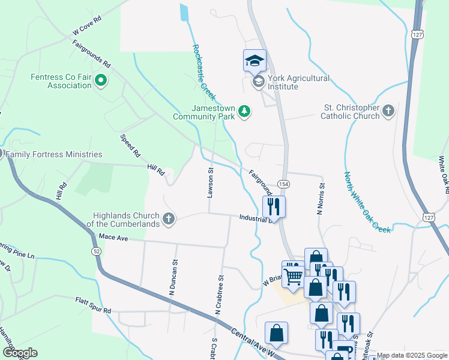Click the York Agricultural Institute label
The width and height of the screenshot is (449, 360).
tap(298, 82)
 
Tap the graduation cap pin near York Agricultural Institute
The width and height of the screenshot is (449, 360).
tap(255, 60)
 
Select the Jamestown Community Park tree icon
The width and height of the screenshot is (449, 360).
tap(244, 110)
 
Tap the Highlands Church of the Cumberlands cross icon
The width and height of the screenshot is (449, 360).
tap(169, 219)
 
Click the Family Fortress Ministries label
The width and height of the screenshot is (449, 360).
tap(54, 154)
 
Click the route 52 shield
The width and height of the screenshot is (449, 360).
tap(96, 250)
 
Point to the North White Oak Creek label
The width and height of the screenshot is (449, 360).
tap(367, 202)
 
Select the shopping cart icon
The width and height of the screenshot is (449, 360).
tap(294, 276)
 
